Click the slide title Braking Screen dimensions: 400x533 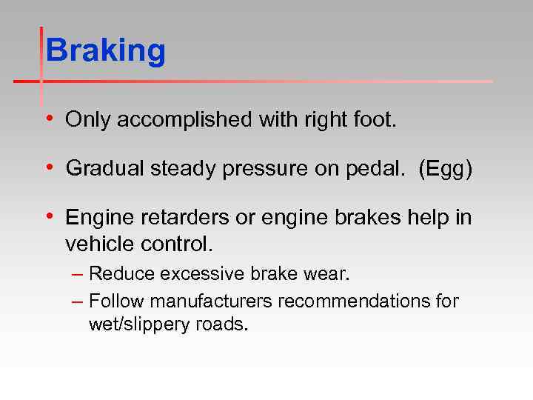pyautogui.click(x=105, y=52)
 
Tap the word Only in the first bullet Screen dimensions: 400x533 pyautogui.click(x=84, y=120)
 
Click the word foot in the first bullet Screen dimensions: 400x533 pyautogui.click(x=377, y=120)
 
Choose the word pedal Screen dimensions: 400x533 pyautogui.click(x=372, y=169)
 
